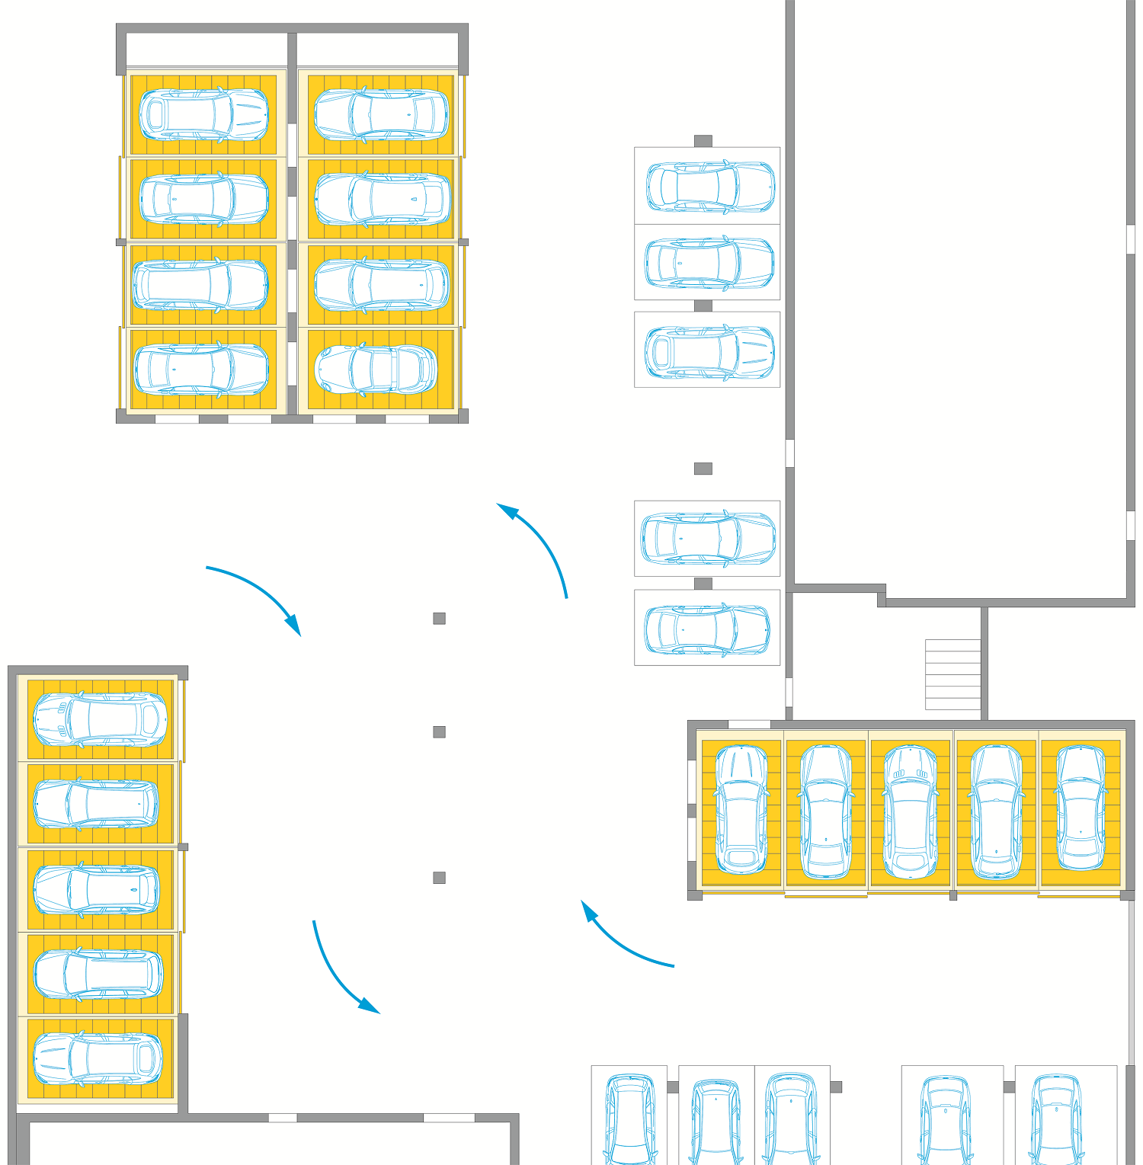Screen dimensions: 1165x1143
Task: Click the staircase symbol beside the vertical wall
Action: [952, 675]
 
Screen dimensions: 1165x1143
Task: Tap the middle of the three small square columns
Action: [439, 732]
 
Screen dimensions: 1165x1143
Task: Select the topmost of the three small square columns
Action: [439, 619]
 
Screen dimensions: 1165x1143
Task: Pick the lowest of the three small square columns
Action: [439, 878]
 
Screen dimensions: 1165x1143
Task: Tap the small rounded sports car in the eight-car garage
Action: [376, 370]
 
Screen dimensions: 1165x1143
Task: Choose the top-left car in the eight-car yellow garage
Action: [203, 115]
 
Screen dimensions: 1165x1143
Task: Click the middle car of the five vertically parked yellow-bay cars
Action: [910, 811]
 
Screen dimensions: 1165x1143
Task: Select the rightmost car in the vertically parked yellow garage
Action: [1081, 808]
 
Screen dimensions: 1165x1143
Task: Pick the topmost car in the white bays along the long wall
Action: [710, 186]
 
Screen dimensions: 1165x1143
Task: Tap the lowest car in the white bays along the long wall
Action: [706, 629]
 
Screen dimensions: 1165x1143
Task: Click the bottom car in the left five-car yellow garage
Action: [98, 1058]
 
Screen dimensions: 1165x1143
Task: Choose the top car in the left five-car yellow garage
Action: [99, 719]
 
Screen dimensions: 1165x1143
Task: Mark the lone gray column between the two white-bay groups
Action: [703, 469]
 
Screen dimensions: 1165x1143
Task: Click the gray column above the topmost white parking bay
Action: [703, 141]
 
